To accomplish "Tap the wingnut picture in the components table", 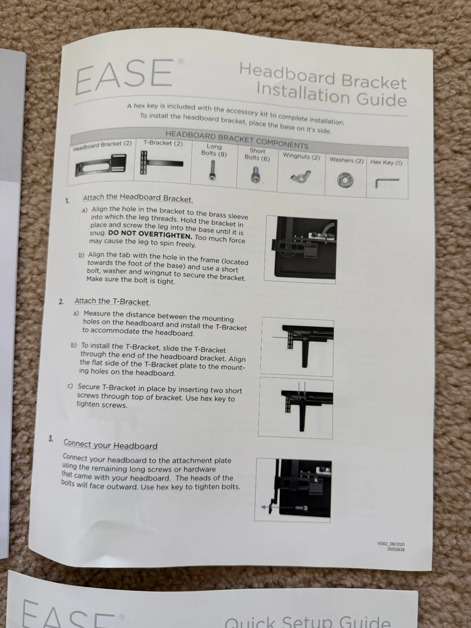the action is (301, 176).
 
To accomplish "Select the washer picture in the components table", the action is (345, 180).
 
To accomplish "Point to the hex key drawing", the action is (387, 183).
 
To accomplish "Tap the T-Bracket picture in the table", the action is (161, 163).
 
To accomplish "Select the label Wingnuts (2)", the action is (301, 156).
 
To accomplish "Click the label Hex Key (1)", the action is (386, 163).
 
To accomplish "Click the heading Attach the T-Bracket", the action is (113, 302).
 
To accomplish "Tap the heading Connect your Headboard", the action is (111, 444).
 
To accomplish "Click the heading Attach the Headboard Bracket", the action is (138, 198).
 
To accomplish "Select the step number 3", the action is (51, 439).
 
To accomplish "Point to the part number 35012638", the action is (396, 549).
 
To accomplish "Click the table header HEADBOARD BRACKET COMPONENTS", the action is (237, 139).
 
